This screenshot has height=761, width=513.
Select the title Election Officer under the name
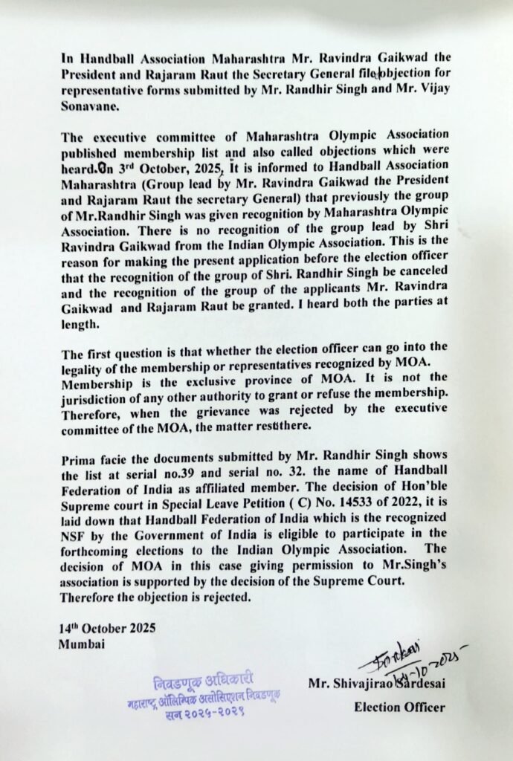(399, 707)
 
